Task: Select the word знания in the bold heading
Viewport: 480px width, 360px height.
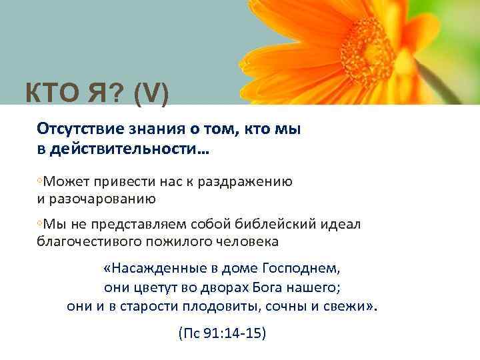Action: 155,129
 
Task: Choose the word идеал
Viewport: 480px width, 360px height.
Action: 342,224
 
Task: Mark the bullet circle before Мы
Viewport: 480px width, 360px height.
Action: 40,224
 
